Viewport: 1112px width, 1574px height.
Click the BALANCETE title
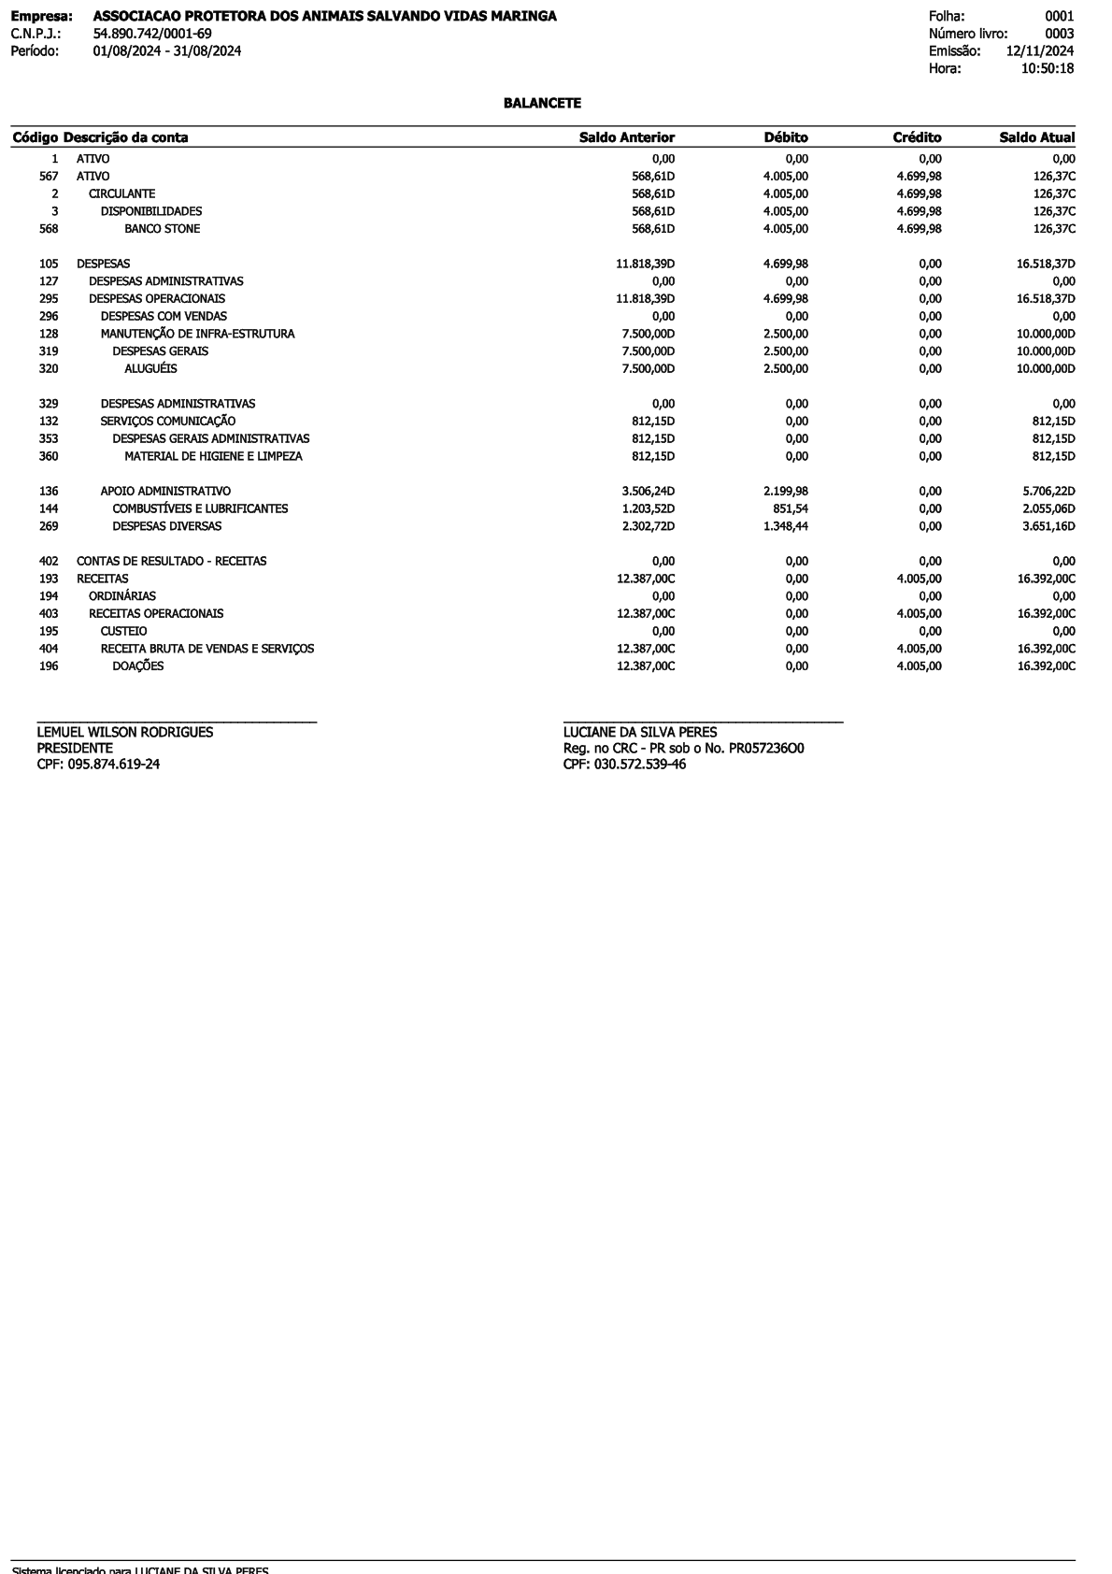point(542,103)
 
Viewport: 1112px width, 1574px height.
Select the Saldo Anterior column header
point(626,137)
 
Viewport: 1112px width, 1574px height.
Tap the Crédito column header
point(917,137)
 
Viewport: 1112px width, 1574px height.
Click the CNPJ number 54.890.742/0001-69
point(152,34)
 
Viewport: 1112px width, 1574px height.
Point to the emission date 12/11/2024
point(1039,51)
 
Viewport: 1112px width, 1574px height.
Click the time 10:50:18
point(1047,68)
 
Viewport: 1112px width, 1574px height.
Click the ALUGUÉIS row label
point(150,369)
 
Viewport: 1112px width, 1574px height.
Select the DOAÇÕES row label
point(137,666)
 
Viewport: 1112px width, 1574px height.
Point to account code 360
point(49,457)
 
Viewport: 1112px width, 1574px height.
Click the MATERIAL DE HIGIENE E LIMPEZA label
point(213,457)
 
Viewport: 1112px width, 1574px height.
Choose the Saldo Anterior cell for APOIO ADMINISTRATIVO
point(648,492)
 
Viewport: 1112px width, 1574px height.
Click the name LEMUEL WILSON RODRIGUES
point(124,733)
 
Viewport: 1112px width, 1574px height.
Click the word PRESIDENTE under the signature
point(75,749)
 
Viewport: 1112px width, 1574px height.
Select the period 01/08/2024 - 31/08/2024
point(167,51)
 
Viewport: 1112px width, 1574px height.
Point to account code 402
point(49,562)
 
